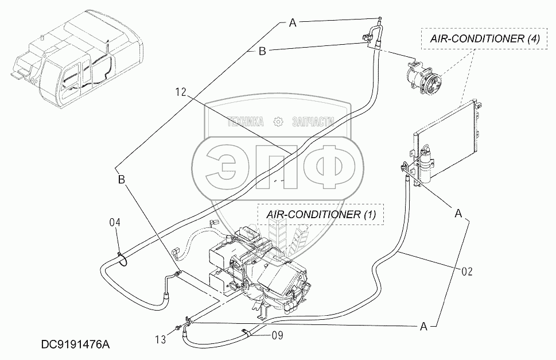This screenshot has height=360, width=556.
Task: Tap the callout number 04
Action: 115,222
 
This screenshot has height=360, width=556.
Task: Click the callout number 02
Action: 466,271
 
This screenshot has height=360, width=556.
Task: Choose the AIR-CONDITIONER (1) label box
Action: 321,215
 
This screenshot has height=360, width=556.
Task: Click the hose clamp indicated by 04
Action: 122,259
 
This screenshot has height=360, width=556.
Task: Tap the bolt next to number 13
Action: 180,329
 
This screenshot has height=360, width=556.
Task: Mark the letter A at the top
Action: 292,23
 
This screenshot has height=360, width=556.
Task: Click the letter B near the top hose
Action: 262,52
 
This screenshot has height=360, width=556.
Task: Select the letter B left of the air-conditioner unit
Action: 121,180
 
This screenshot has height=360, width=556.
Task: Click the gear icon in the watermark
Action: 278,121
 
